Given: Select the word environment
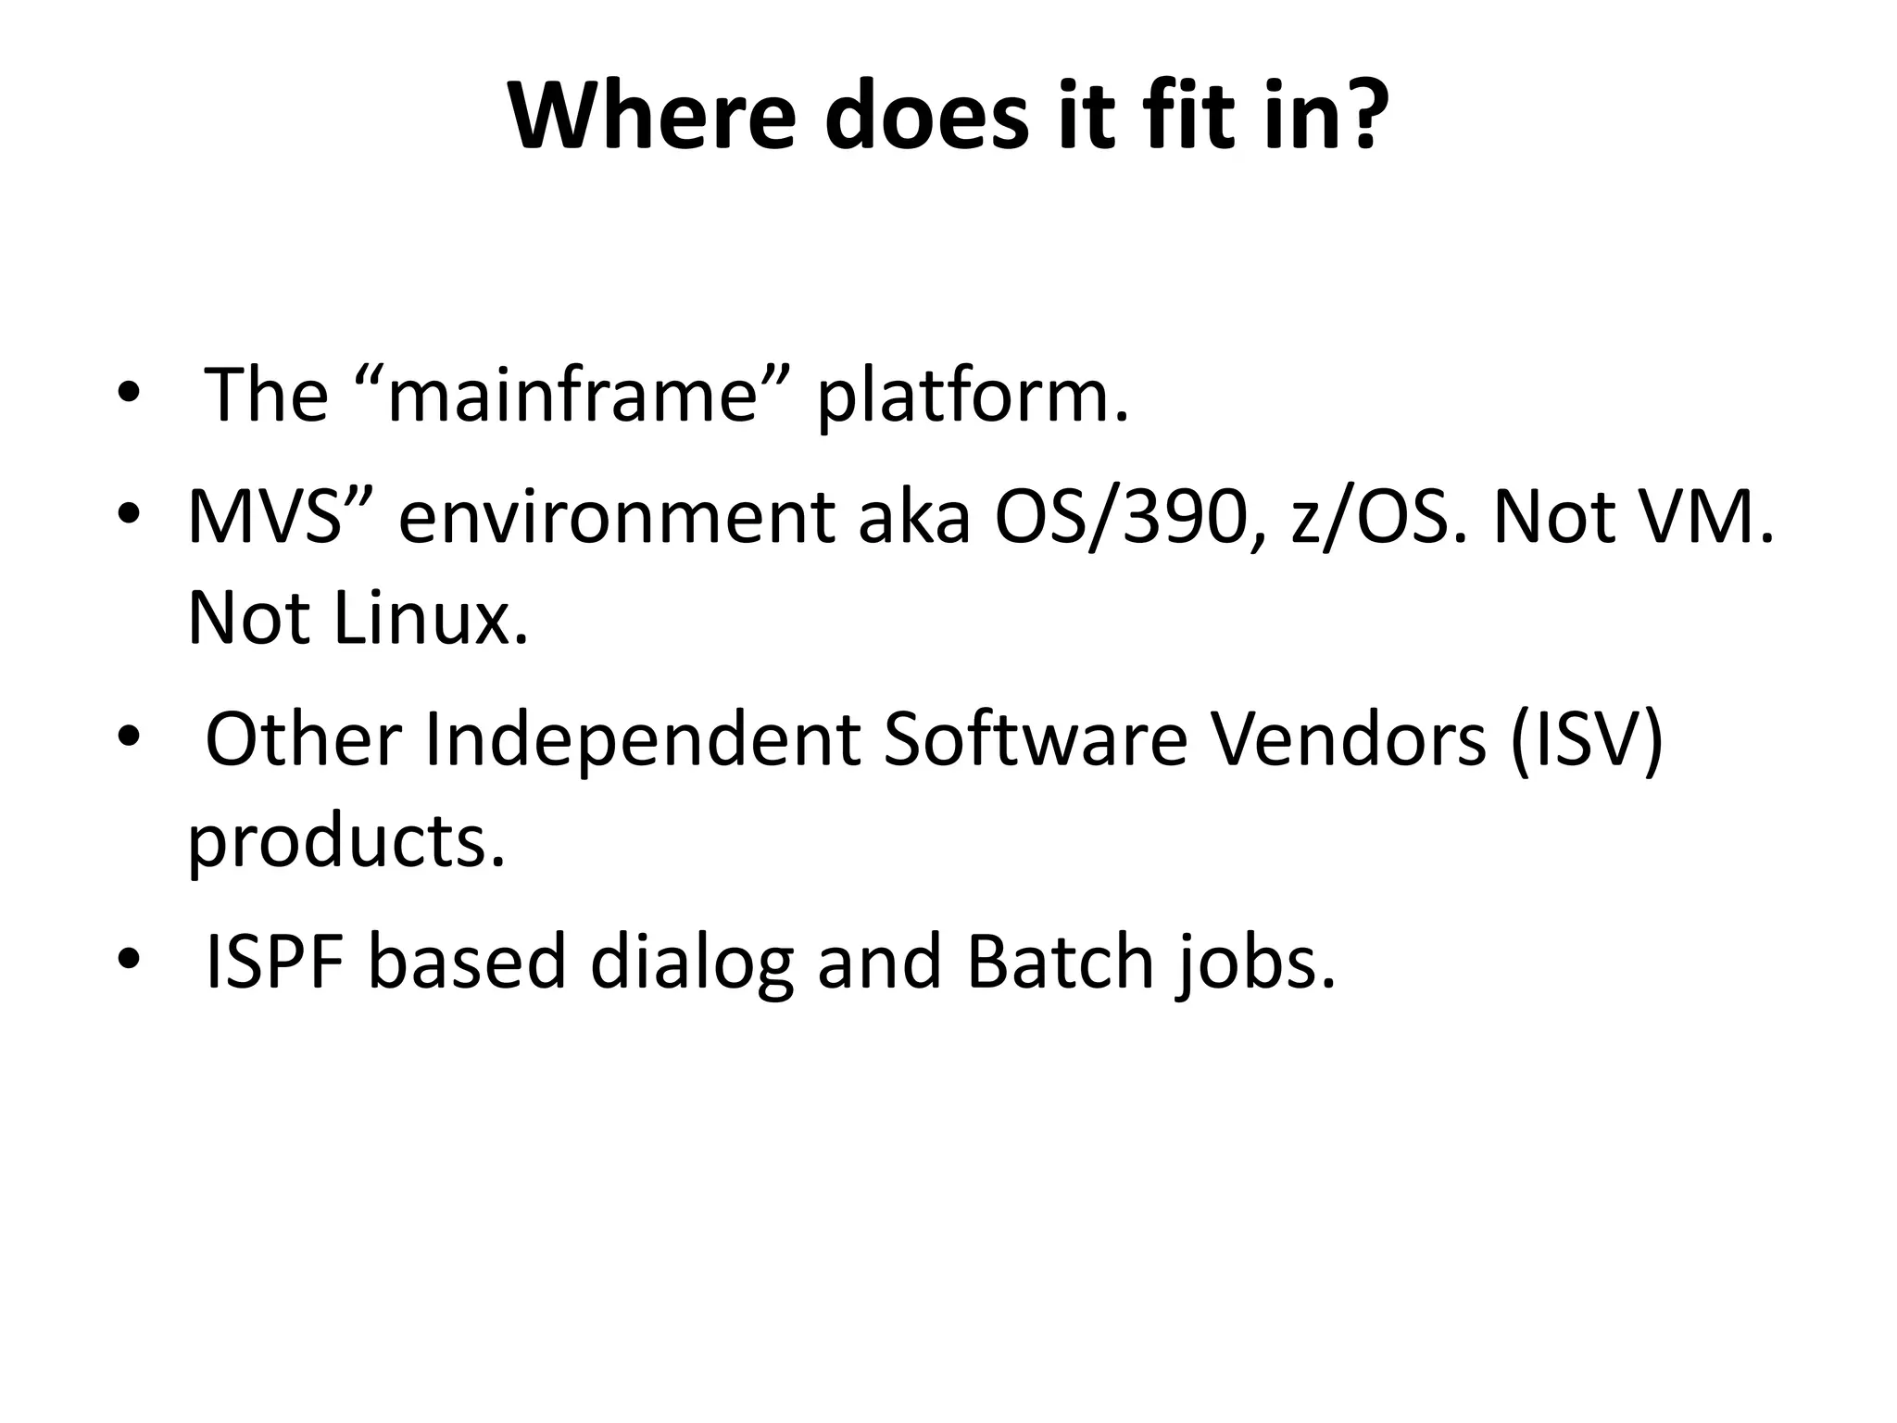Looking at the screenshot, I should pyautogui.click(x=616, y=517).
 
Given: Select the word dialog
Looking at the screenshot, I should pyautogui.click(x=691, y=963).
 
